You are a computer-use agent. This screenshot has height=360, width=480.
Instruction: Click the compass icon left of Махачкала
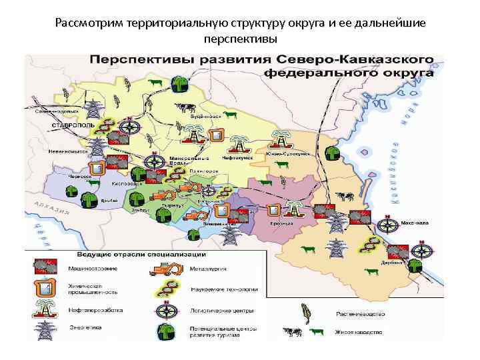coord(386,227)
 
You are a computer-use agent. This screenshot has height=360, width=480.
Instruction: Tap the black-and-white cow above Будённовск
coord(186,107)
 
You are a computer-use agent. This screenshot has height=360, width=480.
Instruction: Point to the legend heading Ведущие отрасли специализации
coord(122,255)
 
